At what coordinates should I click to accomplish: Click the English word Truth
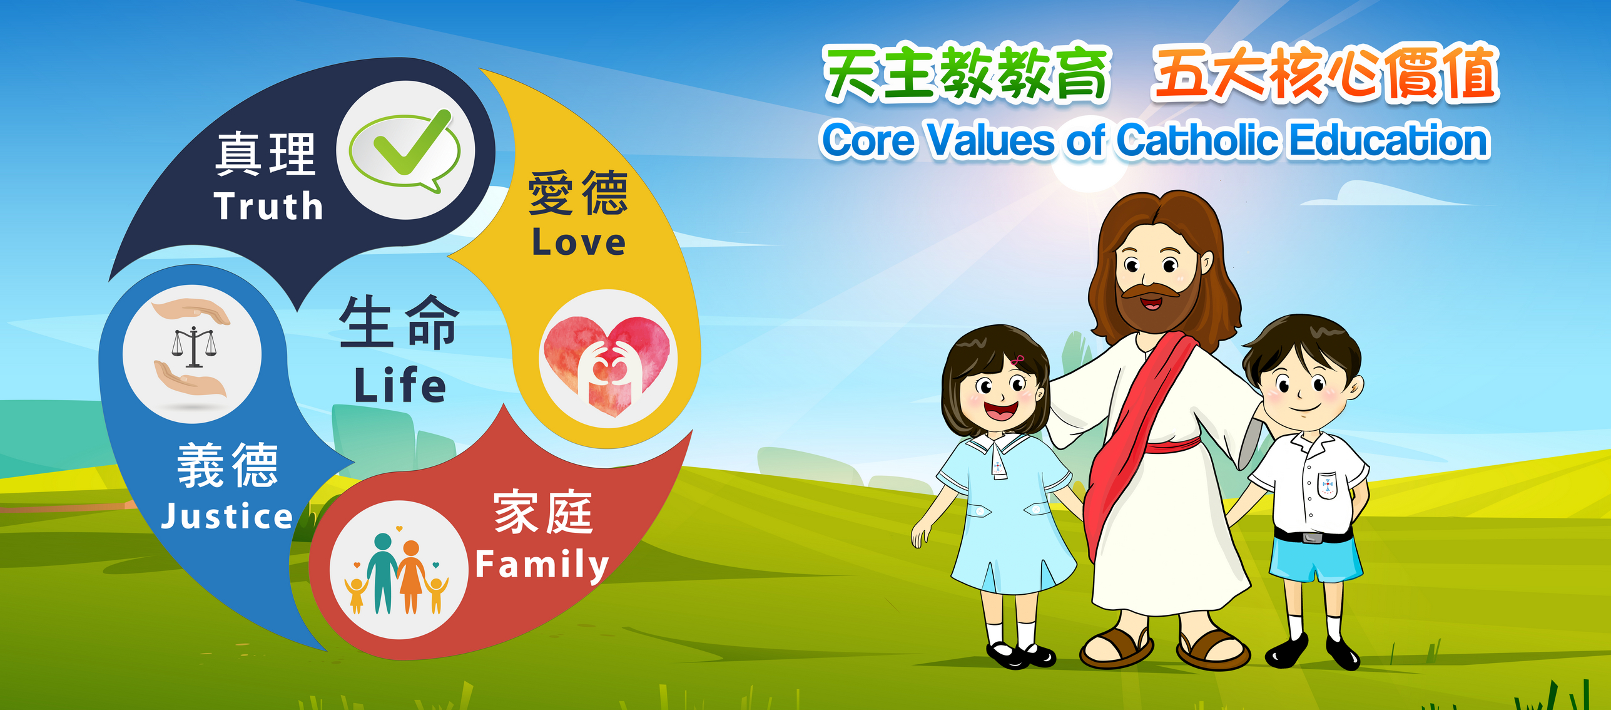268,206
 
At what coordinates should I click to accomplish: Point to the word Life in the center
400,385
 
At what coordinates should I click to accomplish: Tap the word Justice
226,517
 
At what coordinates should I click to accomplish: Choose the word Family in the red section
542,565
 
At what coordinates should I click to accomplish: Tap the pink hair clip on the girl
1017,360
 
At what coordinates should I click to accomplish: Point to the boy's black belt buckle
1311,538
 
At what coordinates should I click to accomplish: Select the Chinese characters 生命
400,322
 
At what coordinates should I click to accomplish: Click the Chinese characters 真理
265,153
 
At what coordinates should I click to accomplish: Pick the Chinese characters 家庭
543,512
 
